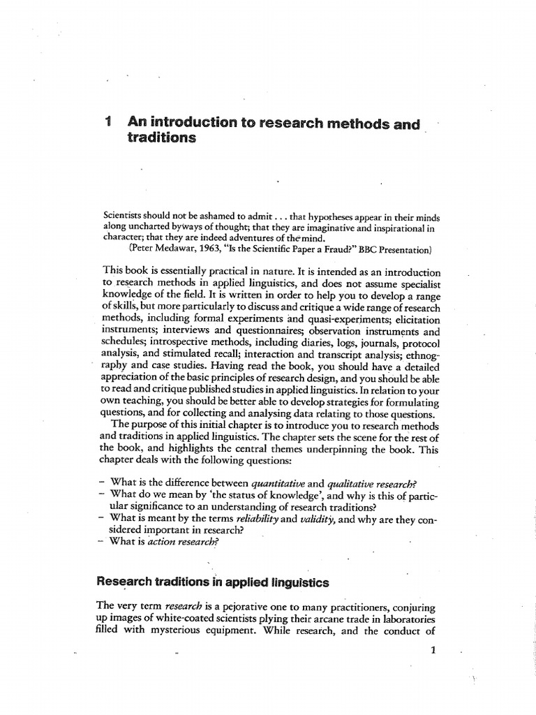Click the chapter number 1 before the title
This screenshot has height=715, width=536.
click(107, 123)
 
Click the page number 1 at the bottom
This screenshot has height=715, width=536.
click(433, 650)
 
